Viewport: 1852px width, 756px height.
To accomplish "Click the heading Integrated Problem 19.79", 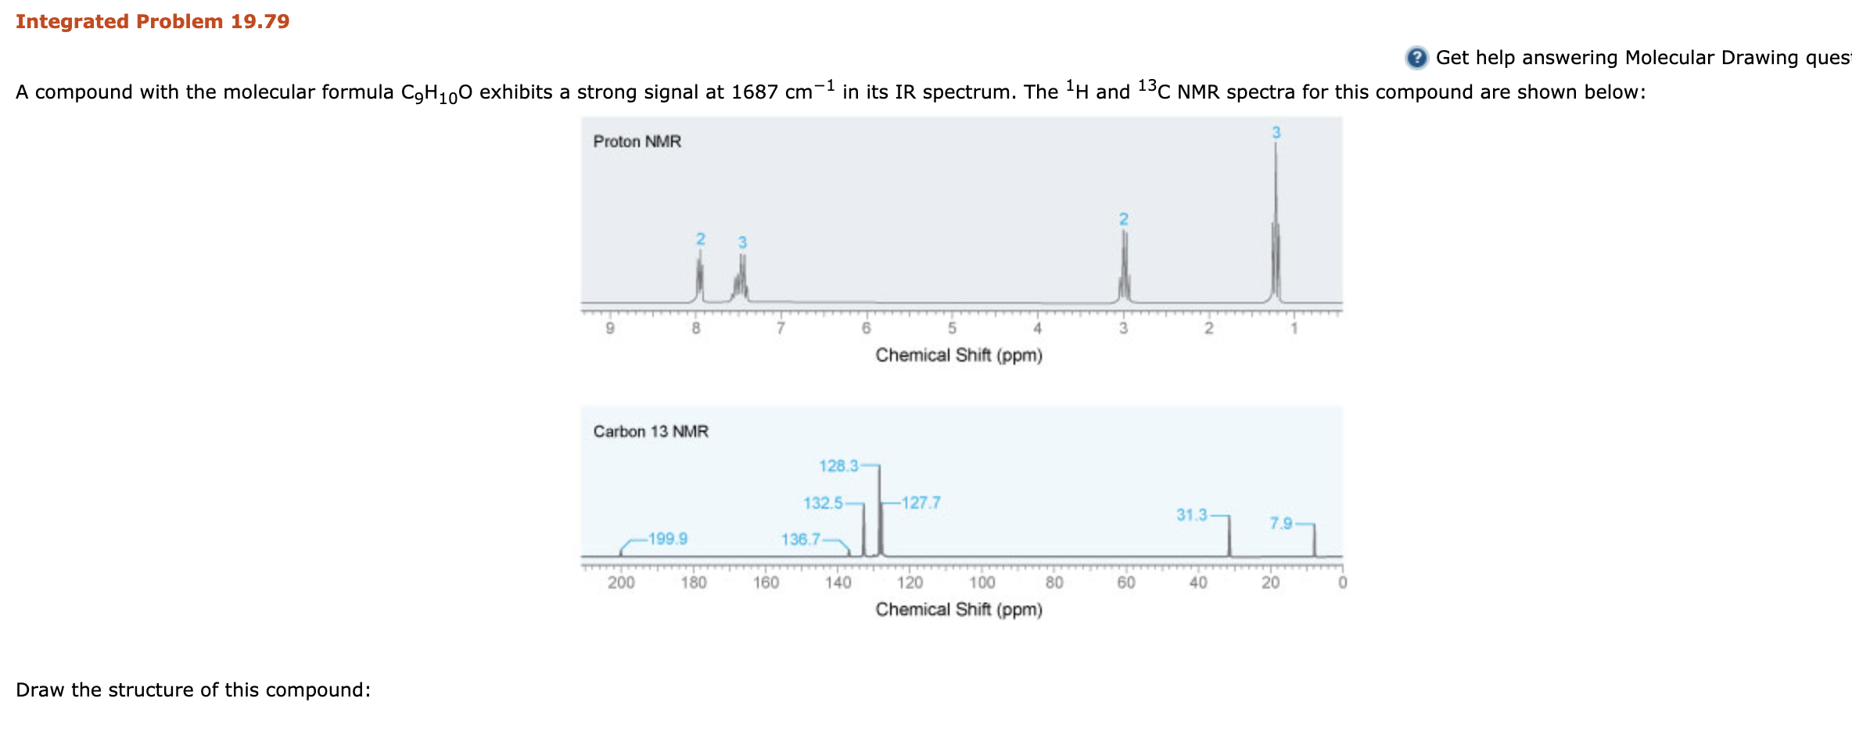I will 153,21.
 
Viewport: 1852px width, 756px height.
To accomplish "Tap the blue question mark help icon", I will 1416,58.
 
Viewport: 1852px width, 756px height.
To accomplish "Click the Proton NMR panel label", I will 637,142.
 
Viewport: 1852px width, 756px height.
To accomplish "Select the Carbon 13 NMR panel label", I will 650,431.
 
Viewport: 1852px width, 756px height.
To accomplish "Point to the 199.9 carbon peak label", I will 667,538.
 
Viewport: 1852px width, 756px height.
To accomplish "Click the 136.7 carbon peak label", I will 800,539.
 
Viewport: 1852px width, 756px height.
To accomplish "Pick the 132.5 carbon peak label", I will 823,502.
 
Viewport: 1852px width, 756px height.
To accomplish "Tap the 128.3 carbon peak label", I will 838,466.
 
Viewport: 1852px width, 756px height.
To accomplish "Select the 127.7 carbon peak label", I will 921,502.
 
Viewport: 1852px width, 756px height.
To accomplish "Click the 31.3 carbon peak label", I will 1191,515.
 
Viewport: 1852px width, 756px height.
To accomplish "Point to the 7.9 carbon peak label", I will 1280,523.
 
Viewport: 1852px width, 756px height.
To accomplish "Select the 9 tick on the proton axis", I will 610,329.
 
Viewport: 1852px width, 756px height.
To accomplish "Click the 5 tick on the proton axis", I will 952,329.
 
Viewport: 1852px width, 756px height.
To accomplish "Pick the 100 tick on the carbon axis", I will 982,583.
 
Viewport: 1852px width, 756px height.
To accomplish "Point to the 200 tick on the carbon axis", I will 621,583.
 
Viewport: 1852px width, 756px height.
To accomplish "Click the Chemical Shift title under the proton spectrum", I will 958,355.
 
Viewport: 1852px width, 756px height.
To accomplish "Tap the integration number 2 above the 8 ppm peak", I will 701,239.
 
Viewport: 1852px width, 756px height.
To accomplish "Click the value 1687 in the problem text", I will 755,92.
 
